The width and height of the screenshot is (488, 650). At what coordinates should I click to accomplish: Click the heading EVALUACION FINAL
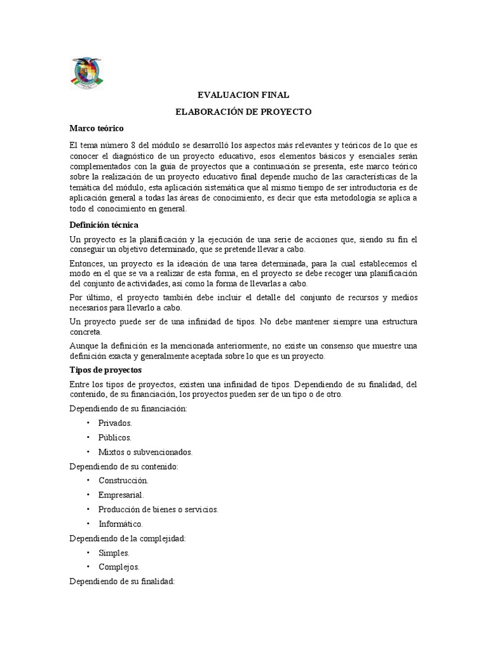(243, 95)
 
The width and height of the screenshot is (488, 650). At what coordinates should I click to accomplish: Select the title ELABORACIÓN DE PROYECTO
(243, 112)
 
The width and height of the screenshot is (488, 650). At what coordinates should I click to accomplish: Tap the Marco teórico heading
(96, 128)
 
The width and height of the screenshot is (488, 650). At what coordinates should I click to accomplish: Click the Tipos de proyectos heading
(105, 369)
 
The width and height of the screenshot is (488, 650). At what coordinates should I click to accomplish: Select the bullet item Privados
(115, 422)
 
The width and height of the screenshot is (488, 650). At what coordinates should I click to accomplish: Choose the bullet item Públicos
(115, 437)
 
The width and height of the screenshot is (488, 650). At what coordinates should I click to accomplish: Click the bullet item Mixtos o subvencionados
(145, 453)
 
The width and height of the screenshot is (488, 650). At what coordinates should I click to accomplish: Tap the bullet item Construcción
(123, 481)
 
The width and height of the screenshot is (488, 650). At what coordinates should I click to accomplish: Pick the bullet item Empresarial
(121, 494)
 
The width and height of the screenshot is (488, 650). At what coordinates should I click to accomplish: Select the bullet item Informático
(121, 524)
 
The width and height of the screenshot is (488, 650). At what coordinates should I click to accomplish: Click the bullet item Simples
(114, 553)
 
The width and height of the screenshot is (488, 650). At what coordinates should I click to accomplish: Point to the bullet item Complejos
(119, 567)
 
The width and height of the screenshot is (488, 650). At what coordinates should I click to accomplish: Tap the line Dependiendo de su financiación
(128, 408)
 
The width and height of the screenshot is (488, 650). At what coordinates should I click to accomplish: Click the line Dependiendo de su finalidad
(121, 581)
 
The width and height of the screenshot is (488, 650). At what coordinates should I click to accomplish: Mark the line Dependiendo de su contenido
(124, 467)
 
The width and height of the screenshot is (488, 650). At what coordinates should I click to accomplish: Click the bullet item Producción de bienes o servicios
(158, 509)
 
